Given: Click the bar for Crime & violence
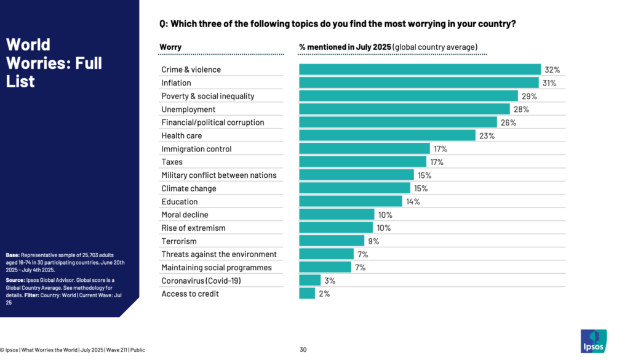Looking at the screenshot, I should coord(420,70).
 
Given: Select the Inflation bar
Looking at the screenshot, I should coord(418,82).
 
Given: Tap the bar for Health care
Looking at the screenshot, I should coord(387,135).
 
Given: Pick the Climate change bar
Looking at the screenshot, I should coord(354,188).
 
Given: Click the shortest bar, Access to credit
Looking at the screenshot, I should coord(307,294).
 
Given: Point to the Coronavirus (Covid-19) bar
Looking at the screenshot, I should coord(309,281).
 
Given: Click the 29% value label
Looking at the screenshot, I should coord(529,96).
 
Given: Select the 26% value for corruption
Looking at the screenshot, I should coord(508,122).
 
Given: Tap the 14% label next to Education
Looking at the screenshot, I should coord(412,202).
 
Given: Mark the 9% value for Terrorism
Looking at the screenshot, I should coord(373,241).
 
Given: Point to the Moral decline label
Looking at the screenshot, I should coord(185,215).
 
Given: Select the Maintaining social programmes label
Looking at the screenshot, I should coord(216,268).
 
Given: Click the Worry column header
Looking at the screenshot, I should coord(170,47).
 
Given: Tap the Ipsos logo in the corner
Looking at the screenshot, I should coord(593,341).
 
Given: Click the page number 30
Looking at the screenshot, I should coord(303,350).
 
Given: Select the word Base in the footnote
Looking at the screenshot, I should coord(12,255).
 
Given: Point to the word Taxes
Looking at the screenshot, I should coord(172,162).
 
